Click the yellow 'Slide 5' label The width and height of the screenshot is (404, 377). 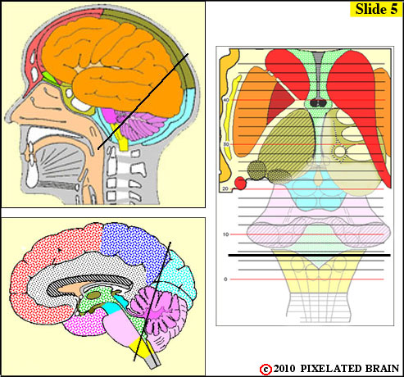(376, 9)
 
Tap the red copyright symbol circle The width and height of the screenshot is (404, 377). (266, 370)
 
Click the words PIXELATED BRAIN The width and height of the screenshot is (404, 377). (350, 369)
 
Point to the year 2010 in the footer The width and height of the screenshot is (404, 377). (284, 369)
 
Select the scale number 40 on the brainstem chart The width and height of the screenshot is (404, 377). (226, 100)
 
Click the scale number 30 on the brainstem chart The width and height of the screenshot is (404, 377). (226, 144)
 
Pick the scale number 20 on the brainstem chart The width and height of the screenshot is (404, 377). (225, 188)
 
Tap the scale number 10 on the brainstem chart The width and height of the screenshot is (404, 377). (225, 234)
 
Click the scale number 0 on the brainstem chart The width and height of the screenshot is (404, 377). (225, 279)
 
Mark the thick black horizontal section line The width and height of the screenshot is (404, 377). (309, 256)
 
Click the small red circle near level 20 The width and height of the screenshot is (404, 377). (240, 183)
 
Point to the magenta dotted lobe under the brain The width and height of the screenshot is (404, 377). (84, 325)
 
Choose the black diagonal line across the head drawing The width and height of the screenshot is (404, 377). (143, 102)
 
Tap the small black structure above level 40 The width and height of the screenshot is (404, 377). (317, 103)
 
